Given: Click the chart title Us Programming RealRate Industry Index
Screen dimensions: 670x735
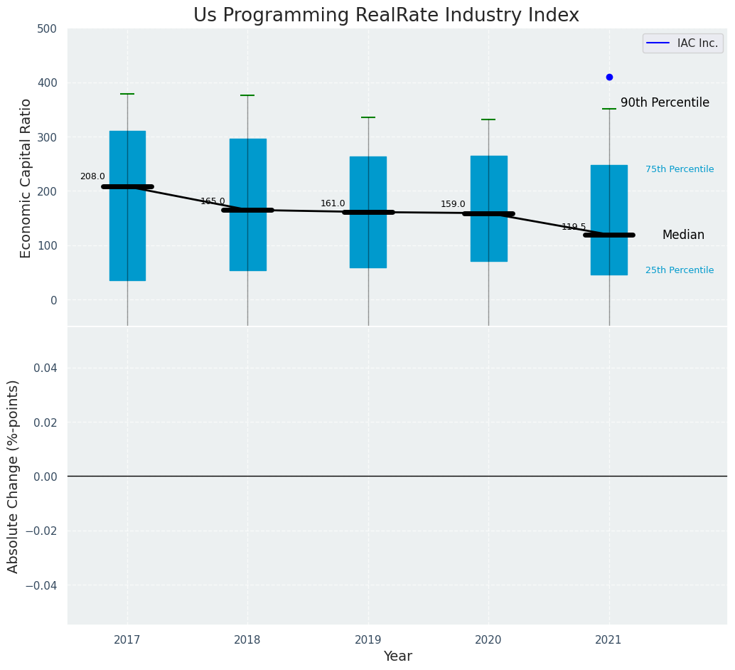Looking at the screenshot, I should (386, 16).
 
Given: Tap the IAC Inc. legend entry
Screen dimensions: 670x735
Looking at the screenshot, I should (682, 43).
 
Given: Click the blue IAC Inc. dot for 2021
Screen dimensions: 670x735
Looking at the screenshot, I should (609, 77).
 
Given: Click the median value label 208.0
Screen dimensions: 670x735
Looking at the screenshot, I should (92, 176).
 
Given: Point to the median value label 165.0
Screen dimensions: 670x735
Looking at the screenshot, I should (213, 201).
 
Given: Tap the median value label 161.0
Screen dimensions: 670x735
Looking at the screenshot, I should (333, 203).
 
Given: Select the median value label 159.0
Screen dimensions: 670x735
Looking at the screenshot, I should (453, 204).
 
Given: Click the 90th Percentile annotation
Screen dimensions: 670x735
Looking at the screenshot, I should (665, 103).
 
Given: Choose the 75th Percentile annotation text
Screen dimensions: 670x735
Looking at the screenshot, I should (680, 169).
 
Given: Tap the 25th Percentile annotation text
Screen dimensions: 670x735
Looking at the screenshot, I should (680, 270).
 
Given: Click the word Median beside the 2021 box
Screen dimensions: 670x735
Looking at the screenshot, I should (683, 235).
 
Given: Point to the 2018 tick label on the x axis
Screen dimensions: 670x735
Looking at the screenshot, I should (247, 640).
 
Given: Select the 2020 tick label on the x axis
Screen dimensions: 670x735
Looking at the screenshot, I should (488, 640).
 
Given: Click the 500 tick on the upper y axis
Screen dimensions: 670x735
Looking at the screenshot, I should (47, 29).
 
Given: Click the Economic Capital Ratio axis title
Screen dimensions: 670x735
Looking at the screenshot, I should (26, 178).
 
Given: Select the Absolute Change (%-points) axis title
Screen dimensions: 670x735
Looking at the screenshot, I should (14, 476).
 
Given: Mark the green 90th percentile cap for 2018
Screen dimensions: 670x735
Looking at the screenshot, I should (247, 95).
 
